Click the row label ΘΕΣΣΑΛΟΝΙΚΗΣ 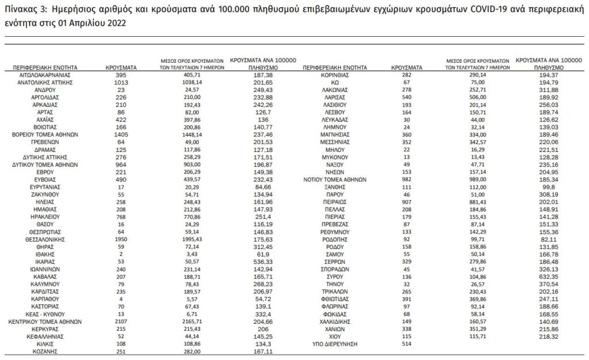(44, 239)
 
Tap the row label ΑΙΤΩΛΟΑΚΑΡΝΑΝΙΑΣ (44, 75)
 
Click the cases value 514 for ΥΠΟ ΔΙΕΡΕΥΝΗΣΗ (406, 343)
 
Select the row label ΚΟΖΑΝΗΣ (44, 351)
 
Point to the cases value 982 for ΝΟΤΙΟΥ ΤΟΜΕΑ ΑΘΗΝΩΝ (406, 179)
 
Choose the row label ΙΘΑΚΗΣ (44, 254)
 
